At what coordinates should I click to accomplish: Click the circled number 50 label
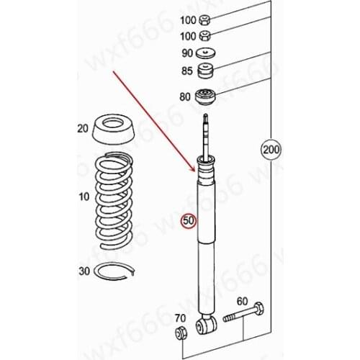187,221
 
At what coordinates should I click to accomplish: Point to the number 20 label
82,129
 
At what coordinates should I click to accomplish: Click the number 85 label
187,71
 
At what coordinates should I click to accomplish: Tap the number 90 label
187,53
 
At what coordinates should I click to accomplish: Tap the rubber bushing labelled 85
207,71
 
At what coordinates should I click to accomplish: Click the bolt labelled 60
244,315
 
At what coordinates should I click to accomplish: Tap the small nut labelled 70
181,332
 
